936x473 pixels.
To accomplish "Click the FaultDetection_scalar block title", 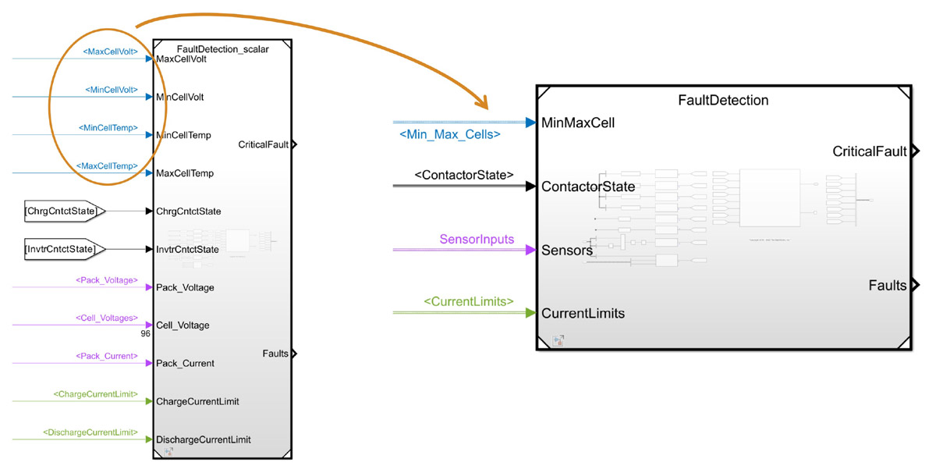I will [x=222, y=49].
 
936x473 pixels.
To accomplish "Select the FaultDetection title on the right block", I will [x=723, y=100].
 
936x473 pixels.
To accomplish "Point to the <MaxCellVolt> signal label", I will [x=110, y=52].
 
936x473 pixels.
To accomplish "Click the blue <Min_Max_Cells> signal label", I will [x=449, y=135].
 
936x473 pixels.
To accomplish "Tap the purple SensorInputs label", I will [x=477, y=239].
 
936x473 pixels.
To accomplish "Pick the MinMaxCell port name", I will [x=578, y=123].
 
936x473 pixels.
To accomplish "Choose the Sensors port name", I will [x=567, y=251].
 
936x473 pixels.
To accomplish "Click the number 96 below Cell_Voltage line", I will [x=144, y=334].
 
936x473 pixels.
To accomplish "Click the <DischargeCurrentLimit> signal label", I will [x=90, y=432].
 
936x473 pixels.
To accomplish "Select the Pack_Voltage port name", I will [x=185, y=287].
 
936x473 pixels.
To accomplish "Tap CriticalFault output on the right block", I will [x=869, y=151].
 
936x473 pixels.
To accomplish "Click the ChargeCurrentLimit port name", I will [x=197, y=401].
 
